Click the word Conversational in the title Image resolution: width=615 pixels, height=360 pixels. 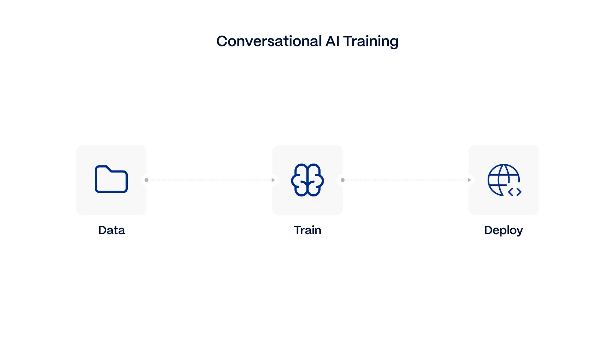pyautogui.click(x=269, y=41)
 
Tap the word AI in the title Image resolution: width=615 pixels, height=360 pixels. pyautogui.click(x=332, y=41)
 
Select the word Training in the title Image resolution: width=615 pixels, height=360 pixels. pyautogui.click(x=370, y=41)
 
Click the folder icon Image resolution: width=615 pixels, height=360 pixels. pyautogui.click(x=111, y=180)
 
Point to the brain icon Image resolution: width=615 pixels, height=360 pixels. pyautogui.click(x=307, y=180)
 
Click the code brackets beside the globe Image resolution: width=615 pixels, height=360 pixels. pyautogui.click(x=515, y=192)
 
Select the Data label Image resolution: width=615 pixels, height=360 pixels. pyautogui.click(x=112, y=230)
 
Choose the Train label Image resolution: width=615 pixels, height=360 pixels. pyautogui.click(x=307, y=230)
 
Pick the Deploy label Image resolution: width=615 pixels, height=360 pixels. pyautogui.click(x=503, y=230)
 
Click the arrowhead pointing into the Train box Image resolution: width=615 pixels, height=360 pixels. pyautogui.click(x=273, y=180)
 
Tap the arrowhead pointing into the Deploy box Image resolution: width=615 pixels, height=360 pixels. pyautogui.click(x=470, y=180)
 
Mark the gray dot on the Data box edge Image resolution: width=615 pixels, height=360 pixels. pyautogui.click(x=146, y=180)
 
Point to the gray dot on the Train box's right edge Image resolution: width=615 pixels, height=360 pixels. pyautogui.click(x=343, y=180)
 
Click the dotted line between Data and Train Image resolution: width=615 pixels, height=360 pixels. pyautogui.click(x=209, y=180)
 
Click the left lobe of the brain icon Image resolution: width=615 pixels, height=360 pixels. pyautogui.click(x=299, y=180)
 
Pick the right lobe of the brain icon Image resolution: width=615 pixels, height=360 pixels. pyautogui.click(x=316, y=180)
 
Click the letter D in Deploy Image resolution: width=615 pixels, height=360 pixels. pyautogui.click(x=488, y=230)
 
